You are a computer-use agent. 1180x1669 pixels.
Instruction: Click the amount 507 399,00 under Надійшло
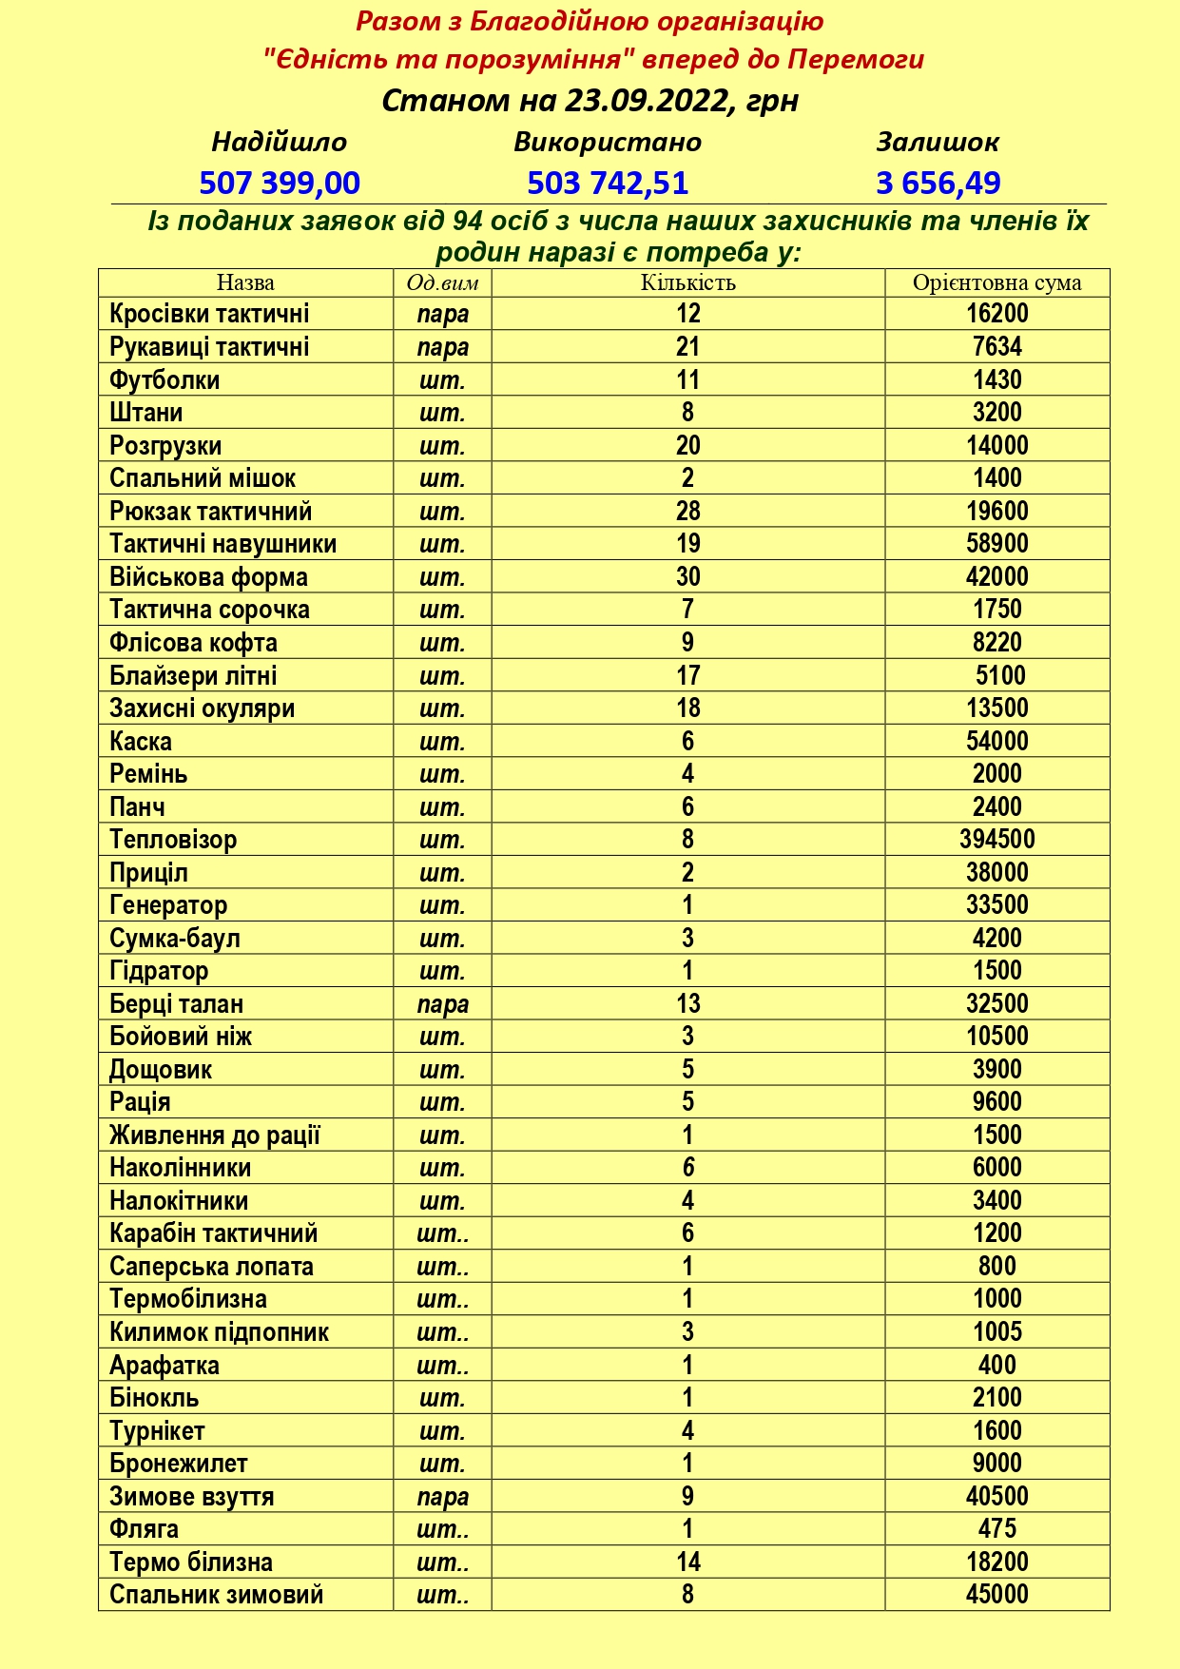click(280, 182)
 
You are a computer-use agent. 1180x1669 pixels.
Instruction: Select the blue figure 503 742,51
click(608, 182)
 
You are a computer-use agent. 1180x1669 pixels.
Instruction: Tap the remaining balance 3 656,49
click(938, 182)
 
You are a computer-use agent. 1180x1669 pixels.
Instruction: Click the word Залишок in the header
click(938, 142)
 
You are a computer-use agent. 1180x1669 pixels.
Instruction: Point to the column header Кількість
click(687, 282)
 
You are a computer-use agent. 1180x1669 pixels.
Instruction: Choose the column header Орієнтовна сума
click(996, 282)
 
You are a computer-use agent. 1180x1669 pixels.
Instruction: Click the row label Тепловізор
click(173, 840)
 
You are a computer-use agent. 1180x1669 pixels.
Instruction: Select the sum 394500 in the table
click(996, 840)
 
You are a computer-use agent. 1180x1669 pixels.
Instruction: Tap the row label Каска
click(141, 741)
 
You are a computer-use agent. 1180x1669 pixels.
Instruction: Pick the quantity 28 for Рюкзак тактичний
click(687, 511)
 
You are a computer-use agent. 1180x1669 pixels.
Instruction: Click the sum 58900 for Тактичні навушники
click(996, 544)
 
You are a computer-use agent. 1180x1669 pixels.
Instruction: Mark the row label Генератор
click(168, 905)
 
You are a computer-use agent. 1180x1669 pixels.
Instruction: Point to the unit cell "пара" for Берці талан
click(442, 1004)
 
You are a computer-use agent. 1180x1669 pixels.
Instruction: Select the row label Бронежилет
click(179, 1464)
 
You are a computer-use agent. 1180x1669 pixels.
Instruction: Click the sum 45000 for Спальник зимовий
click(996, 1595)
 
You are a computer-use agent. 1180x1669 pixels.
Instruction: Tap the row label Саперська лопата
click(211, 1267)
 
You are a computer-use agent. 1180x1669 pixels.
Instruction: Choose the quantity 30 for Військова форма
click(687, 576)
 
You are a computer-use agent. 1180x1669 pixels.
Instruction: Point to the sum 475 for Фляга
click(996, 1529)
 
